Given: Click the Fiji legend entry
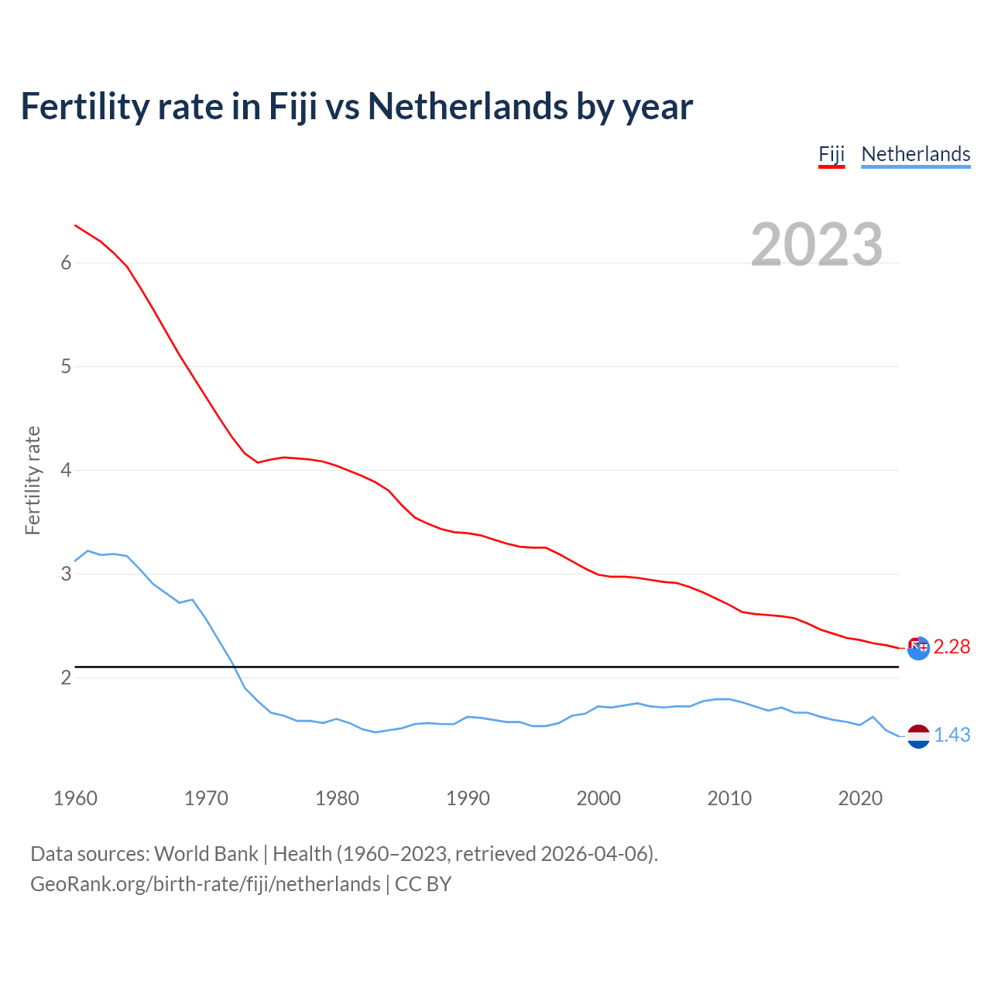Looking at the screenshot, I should click(x=832, y=154).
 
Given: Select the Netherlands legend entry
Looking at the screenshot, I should click(x=915, y=154).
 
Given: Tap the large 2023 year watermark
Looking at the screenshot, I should click(x=817, y=245).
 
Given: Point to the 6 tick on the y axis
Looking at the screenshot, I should click(x=66, y=262).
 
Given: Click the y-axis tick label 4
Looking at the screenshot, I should click(x=66, y=470).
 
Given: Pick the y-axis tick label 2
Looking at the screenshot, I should click(x=66, y=677).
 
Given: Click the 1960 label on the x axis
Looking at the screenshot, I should click(x=75, y=798).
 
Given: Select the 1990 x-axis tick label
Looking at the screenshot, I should click(x=468, y=798).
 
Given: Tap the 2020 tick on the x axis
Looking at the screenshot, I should click(x=860, y=798).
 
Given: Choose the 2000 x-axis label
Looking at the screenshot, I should click(x=598, y=798).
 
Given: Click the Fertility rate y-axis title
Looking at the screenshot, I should click(x=33, y=480).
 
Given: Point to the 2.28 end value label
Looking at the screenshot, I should click(x=952, y=646).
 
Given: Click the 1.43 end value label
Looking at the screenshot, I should click(x=952, y=735).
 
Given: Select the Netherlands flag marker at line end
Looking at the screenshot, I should click(x=918, y=736).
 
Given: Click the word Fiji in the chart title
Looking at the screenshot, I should click(x=293, y=106).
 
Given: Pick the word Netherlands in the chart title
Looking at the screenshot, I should click(x=467, y=106).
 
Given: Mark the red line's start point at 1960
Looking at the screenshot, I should click(x=75, y=225).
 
